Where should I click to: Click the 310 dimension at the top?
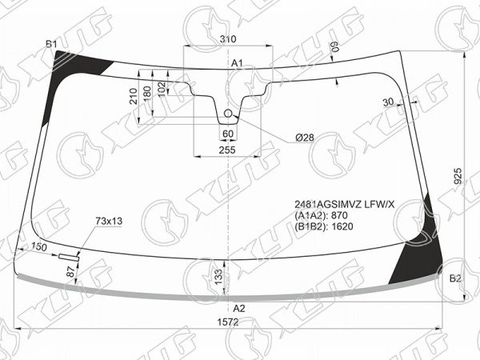click(x=228, y=39)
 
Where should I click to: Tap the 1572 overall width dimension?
click(x=228, y=322)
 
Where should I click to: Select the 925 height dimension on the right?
click(x=458, y=176)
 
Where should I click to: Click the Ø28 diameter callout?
click(x=305, y=138)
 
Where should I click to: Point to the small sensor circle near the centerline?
click(x=228, y=114)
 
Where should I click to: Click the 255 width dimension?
click(x=227, y=150)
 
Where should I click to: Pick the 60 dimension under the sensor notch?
click(x=228, y=134)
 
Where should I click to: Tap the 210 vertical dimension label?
click(x=134, y=96)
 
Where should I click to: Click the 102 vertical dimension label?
click(x=162, y=89)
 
